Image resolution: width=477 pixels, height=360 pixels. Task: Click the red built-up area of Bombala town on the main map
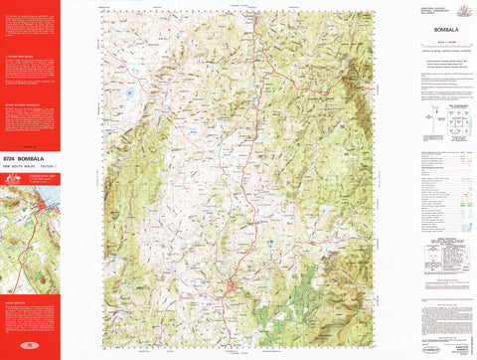(231, 289)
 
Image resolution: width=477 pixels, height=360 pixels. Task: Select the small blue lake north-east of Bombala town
(271, 242)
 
